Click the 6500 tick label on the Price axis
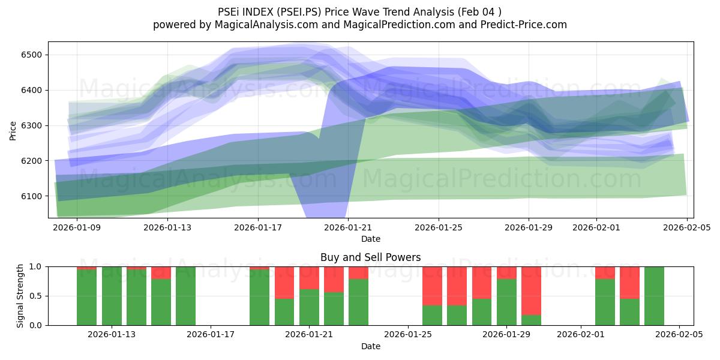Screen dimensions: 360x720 pos(30,55)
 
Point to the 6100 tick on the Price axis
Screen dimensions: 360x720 pos(30,196)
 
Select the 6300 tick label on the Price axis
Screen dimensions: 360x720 pos(30,126)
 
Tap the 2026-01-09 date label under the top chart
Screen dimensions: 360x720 pos(77,228)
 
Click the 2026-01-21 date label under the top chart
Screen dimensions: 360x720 pos(348,228)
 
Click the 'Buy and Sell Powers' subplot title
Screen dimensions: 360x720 pos(370,257)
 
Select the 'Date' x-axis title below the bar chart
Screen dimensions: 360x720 pos(370,346)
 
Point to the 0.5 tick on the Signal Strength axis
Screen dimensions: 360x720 pos(35,296)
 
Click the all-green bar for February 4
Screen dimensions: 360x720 pos(654,296)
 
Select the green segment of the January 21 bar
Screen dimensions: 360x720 pos(309,307)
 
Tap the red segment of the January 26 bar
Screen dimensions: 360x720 pos(433,286)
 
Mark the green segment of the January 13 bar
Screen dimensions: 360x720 pos(112,296)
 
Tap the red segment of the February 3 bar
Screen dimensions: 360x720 pos(629,282)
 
